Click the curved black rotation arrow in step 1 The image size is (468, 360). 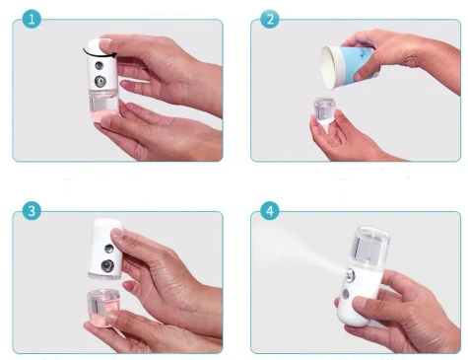point(101,45)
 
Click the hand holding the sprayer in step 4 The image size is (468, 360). point(414,306)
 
